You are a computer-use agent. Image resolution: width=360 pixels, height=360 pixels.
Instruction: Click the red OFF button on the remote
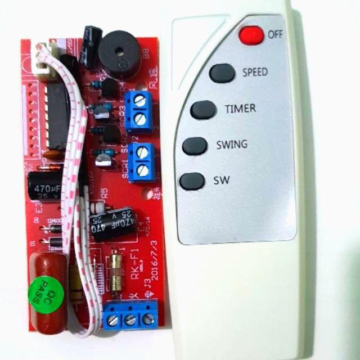(251, 35)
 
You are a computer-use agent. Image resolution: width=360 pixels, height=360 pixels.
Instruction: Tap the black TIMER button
(202, 110)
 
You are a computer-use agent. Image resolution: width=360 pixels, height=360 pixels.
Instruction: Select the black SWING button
(195, 146)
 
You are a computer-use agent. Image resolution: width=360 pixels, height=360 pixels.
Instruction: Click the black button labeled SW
(192, 181)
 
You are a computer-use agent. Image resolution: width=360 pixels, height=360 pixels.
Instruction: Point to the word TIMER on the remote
(240, 108)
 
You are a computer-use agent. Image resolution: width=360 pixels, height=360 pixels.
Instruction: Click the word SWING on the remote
(232, 145)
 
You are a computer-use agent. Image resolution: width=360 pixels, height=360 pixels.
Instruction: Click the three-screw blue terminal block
(130, 313)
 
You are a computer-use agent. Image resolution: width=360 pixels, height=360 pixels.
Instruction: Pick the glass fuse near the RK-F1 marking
(116, 272)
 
